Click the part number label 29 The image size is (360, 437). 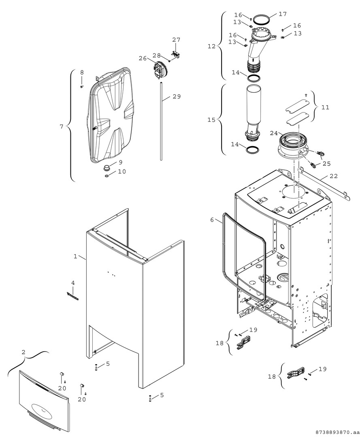click(x=176, y=97)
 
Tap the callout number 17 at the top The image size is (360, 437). click(x=282, y=14)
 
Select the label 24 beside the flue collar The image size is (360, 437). click(x=273, y=133)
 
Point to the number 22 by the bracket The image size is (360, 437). click(x=333, y=176)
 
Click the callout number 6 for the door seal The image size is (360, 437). click(x=212, y=220)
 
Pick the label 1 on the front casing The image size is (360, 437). click(x=75, y=256)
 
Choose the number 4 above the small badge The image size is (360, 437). click(x=73, y=282)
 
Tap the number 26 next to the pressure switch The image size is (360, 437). click(x=143, y=58)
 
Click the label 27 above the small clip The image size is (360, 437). click(x=176, y=40)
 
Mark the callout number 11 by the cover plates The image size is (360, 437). click(x=325, y=108)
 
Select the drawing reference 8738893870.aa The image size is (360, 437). click(x=336, y=432)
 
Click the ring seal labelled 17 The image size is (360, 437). click(x=263, y=19)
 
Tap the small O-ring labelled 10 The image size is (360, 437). click(x=107, y=176)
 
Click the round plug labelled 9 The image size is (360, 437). click(x=107, y=167)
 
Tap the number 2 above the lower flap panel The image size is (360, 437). click(x=23, y=352)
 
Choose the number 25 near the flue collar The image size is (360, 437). click(x=326, y=163)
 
